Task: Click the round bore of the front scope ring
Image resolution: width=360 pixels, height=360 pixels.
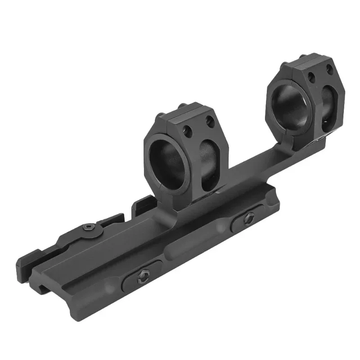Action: tap(169, 165)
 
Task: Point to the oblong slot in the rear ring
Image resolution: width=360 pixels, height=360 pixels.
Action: tap(328, 103)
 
